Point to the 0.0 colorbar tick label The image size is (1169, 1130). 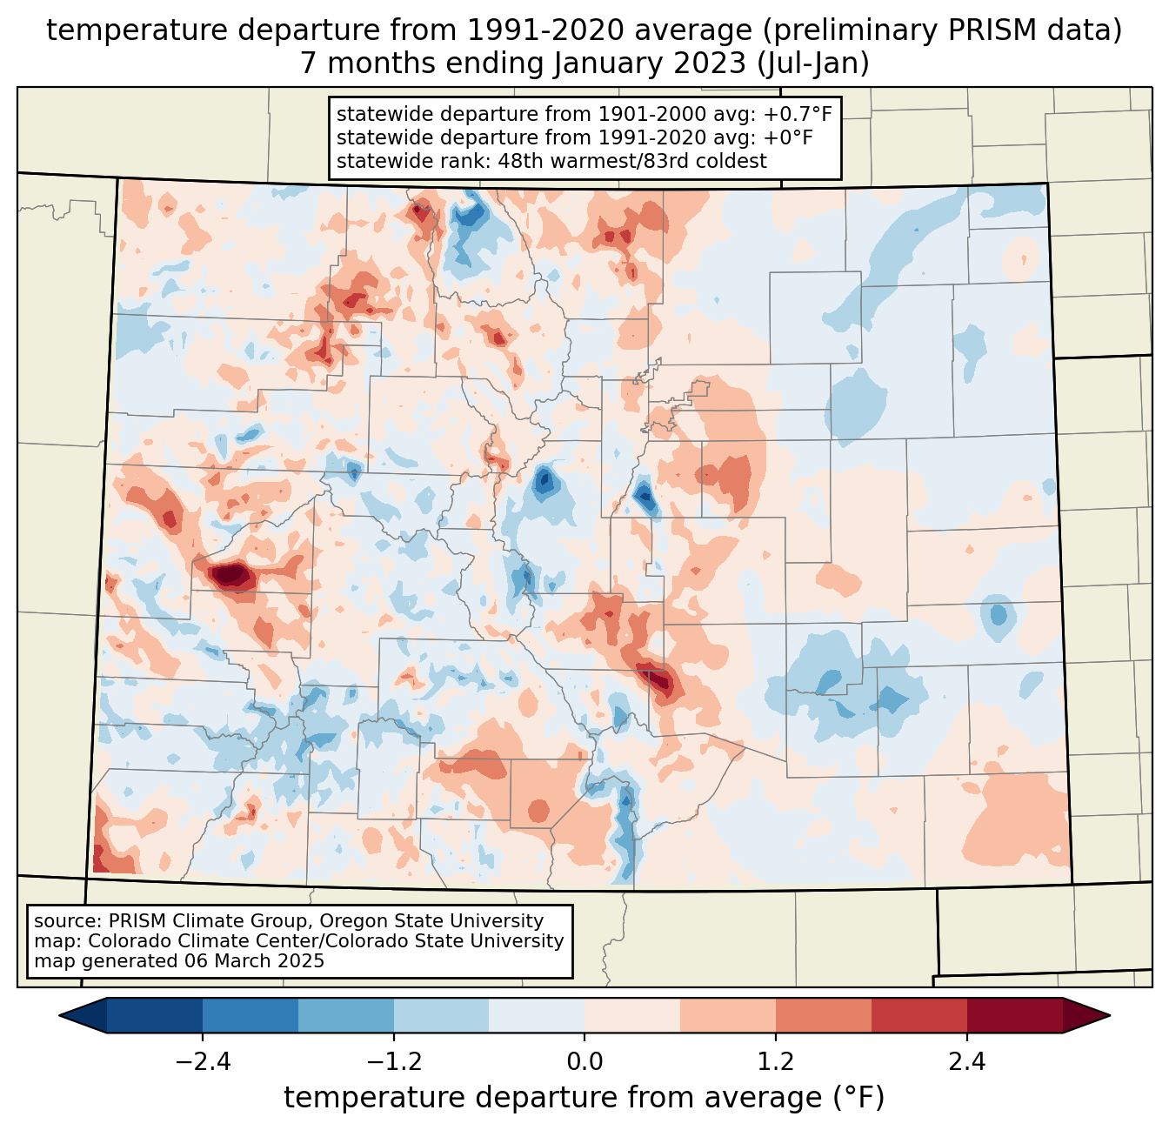584,1062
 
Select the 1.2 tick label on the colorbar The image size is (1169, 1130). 776,1062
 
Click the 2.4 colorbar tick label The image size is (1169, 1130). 967,1062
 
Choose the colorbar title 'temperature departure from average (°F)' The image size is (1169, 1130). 584,1098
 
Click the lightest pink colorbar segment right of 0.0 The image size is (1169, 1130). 632,1015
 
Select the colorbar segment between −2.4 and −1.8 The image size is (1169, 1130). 250,1015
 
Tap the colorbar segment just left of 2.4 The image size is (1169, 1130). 919,1015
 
